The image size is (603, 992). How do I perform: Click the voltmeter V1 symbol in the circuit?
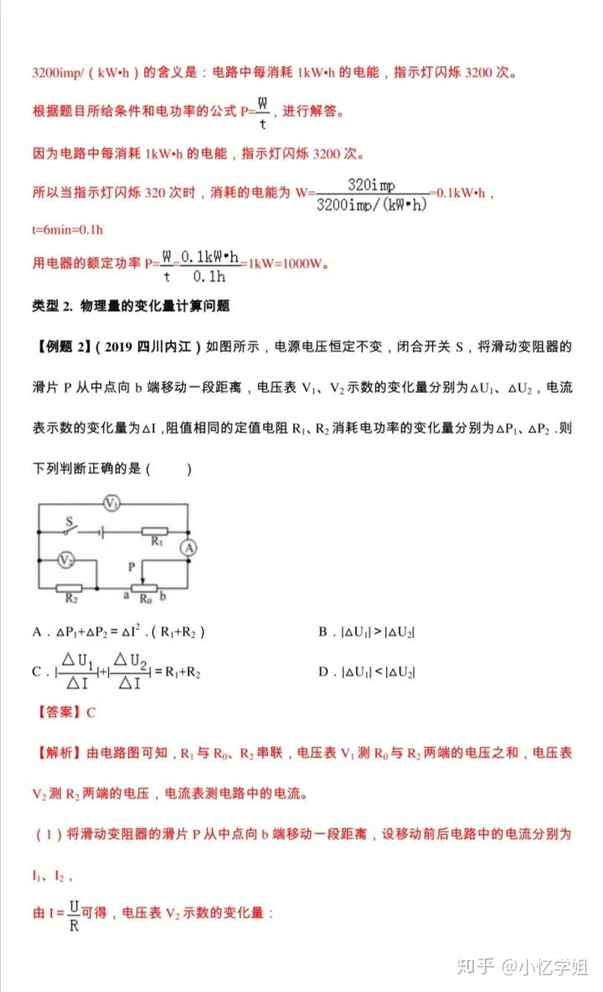pos(112,503)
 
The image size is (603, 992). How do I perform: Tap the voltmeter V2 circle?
pos(66,559)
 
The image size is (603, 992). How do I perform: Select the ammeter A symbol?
pos(188,548)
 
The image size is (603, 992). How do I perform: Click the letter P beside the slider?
pos(131,566)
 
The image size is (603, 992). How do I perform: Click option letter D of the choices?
pos(322,672)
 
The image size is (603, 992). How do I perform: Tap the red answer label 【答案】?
pos(59,713)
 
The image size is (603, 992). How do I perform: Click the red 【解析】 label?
pos(59,754)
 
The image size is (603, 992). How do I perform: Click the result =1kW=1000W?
pos(285,263)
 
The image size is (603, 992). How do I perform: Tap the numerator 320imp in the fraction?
pos(371,185)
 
